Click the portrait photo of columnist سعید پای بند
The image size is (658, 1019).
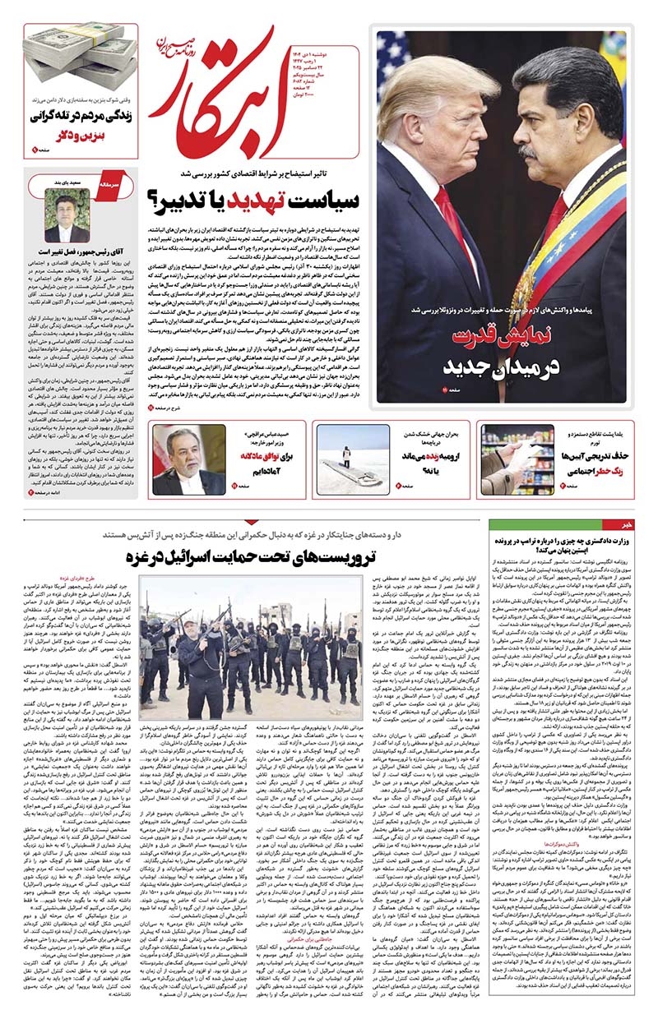pos(68,216)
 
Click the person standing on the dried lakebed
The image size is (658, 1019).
pos(345,453)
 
